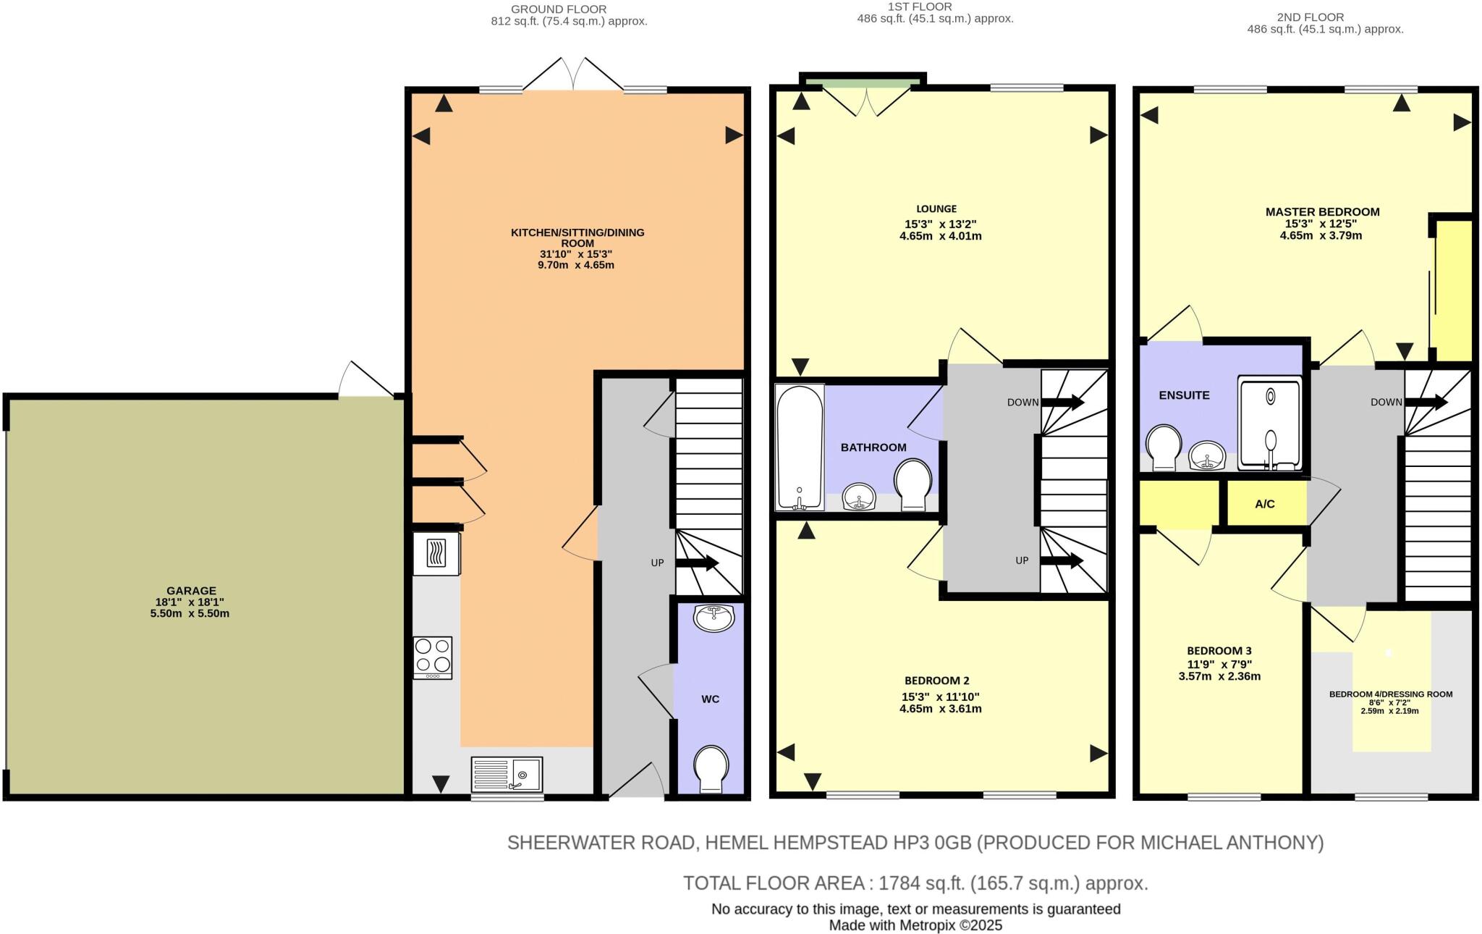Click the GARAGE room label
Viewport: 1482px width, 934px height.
pos(191,591)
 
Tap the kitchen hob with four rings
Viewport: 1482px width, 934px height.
pos(433,657)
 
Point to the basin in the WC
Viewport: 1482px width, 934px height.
pos(714,618)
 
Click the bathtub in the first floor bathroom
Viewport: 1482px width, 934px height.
pos(799,446)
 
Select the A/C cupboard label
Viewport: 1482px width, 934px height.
pos(1265,504)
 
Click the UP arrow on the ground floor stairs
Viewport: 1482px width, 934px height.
pos(697,563)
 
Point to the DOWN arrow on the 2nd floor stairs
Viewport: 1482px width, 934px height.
pos(1426,402)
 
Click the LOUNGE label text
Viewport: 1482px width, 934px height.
pos(936,209)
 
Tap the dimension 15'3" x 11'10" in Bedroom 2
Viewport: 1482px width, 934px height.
pos(940,697)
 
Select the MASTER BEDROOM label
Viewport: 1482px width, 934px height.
pos(1322,211)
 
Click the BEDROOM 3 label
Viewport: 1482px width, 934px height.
pos(1219,650)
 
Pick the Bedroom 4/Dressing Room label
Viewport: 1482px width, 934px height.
pos(1390,694)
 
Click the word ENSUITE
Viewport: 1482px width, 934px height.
pos(1184,395)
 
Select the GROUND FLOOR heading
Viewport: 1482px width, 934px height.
pos(559,9)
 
